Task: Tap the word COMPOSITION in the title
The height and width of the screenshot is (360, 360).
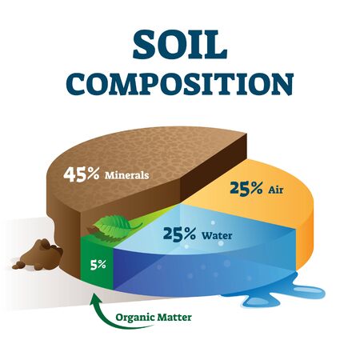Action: coord(180,82)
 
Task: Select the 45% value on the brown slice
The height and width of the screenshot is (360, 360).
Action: coord(82,173)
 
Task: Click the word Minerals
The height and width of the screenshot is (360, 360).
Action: coord(130,174)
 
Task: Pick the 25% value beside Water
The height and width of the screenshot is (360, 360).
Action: coord(180,235)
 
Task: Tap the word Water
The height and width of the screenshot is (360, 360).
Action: coord(218,236)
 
